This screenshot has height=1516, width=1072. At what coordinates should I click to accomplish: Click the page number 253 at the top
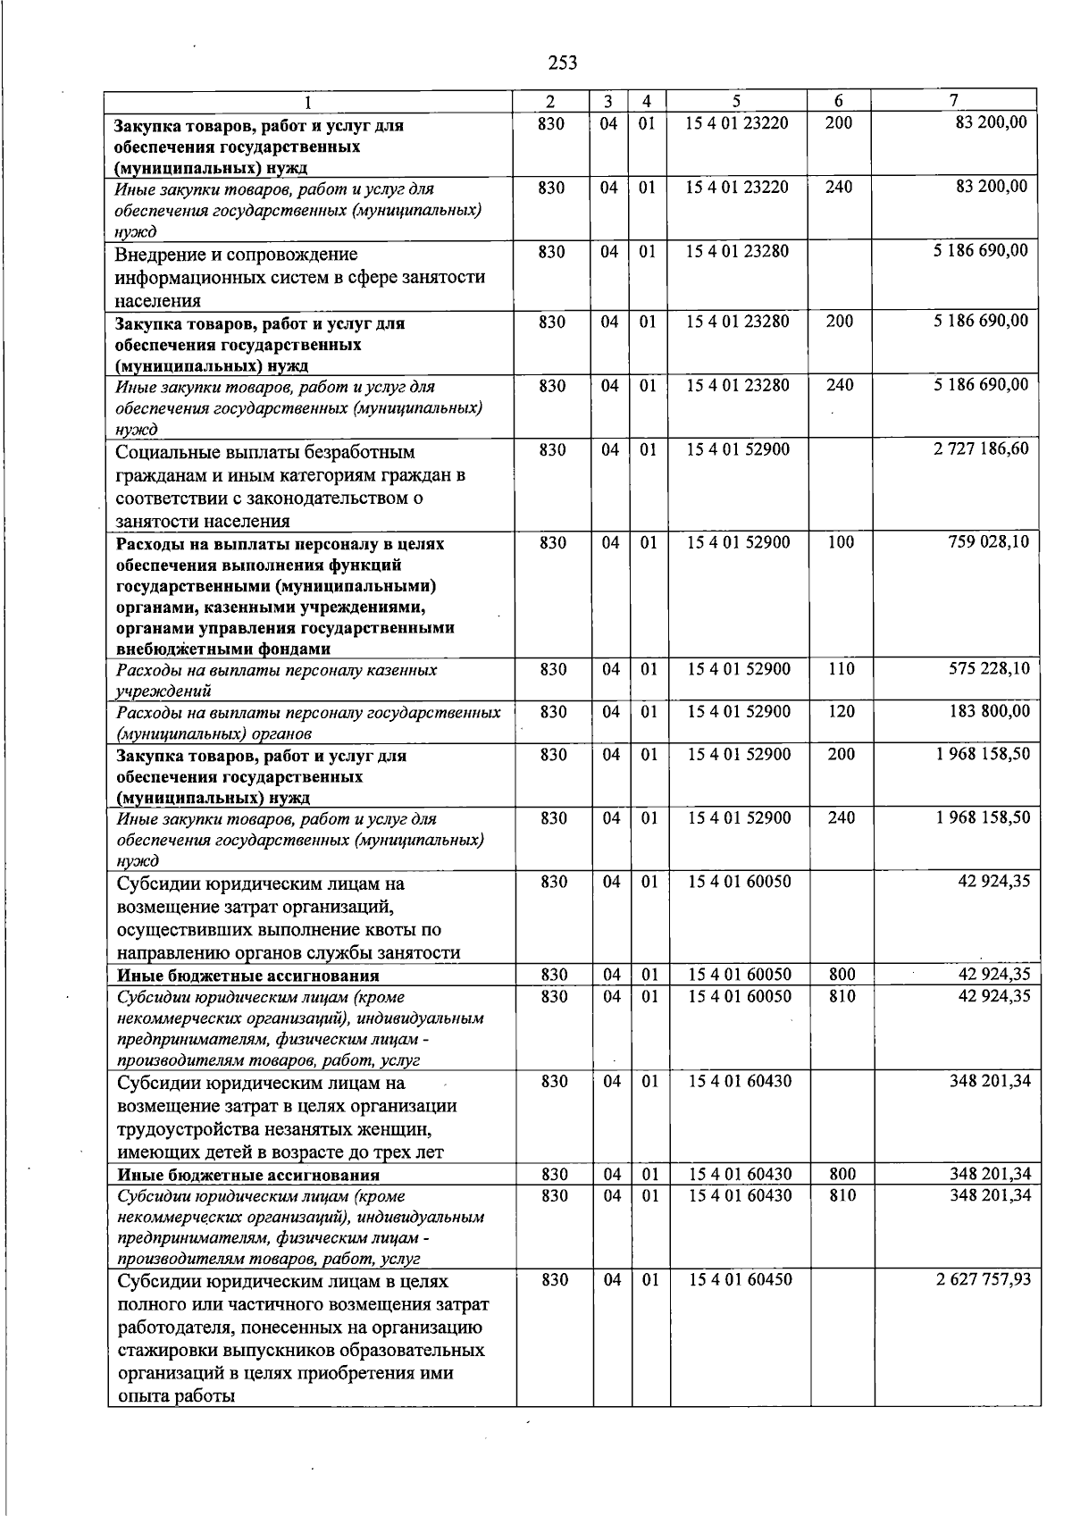click(x=563, y=63)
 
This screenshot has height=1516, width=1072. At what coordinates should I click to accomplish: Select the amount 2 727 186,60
click(x=981, y=448)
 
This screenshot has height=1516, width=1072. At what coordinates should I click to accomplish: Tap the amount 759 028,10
click(x=988, y=541)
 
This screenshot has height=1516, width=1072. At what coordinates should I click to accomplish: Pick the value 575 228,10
click(x=988, y=668)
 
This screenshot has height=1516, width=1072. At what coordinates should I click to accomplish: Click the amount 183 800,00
click(x=988, y=711)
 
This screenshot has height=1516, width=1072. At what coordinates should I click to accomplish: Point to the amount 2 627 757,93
click(x=983, y=1279)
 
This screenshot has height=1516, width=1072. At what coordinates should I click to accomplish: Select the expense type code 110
click(x=841, y=668)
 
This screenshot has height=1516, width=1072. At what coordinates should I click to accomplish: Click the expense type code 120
click(x=841, y=711)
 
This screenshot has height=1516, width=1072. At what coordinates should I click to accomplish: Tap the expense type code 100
click(x=841, y=541)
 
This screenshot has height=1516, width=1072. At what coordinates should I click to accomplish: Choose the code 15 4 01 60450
click(x=740, y=1279)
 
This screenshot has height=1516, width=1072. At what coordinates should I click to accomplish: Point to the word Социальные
click(x=165, y=452)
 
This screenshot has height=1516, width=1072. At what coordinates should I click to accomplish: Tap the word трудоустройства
click(x=180, y=1129)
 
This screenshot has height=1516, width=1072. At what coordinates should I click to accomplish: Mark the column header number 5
click(x=737, y=101)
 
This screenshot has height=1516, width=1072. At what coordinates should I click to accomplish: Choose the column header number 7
click(x=954, y=101)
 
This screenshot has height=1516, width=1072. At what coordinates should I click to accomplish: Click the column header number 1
click(x=308, y=101)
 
